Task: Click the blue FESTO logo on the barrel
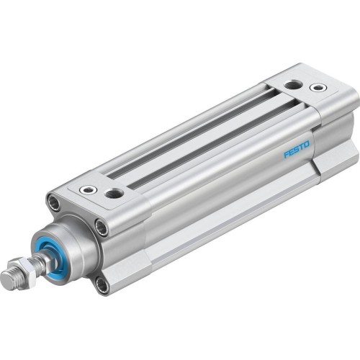point(296,150)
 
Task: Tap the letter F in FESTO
point(287,154)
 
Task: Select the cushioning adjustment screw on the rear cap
point(317,88)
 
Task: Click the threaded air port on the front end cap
point(114,192)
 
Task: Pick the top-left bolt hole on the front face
point(55,203)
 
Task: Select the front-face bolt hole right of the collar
point(102,228)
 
